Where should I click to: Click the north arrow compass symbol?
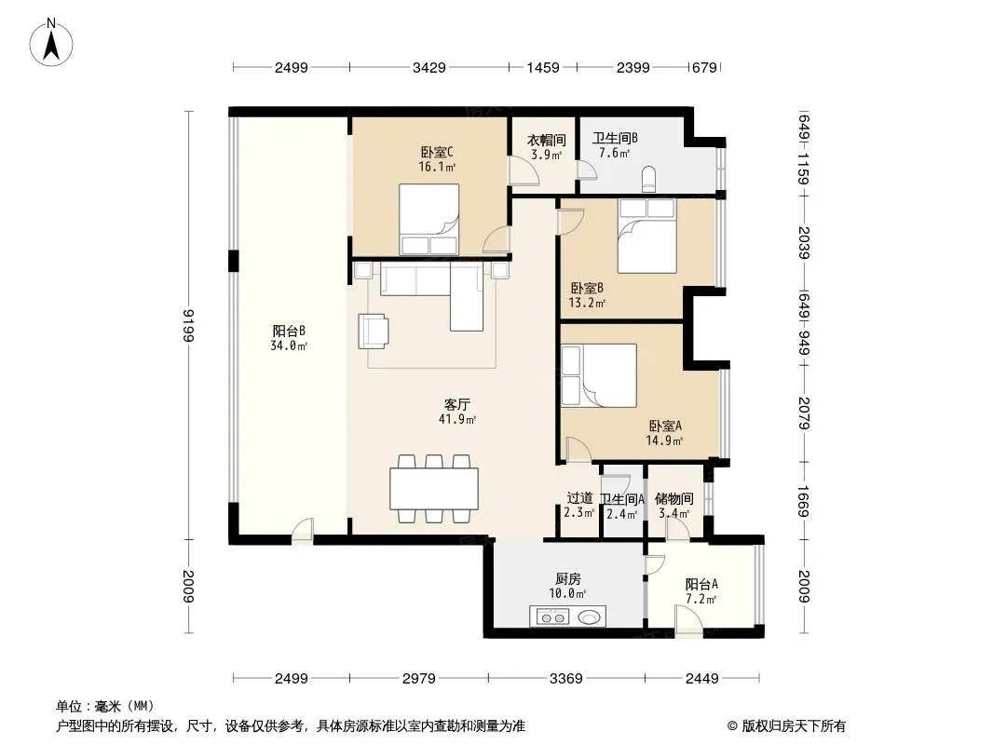[51, 43]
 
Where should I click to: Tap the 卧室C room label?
[437, 153]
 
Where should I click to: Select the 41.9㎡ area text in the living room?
[457, 419]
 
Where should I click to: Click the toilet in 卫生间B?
[648, 179]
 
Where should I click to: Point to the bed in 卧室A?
[598, 375]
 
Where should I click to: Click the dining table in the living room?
[434, 489]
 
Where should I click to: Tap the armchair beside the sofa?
[374, 331]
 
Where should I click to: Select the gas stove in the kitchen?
[553, 616]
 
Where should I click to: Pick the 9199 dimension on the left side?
[187, 325]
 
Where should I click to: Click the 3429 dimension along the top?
[429, 67]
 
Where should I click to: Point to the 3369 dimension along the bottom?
[566, 679]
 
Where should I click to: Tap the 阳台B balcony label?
[289, 331]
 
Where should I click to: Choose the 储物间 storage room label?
[673, 499]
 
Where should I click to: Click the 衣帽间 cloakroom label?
[547, 140]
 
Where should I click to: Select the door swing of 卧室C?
[496, 240]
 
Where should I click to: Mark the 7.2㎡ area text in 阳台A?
[701, 599]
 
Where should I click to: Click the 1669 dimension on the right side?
[804, 501]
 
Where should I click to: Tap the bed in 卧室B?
[647, 237]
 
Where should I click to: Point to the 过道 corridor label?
[579, 499]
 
